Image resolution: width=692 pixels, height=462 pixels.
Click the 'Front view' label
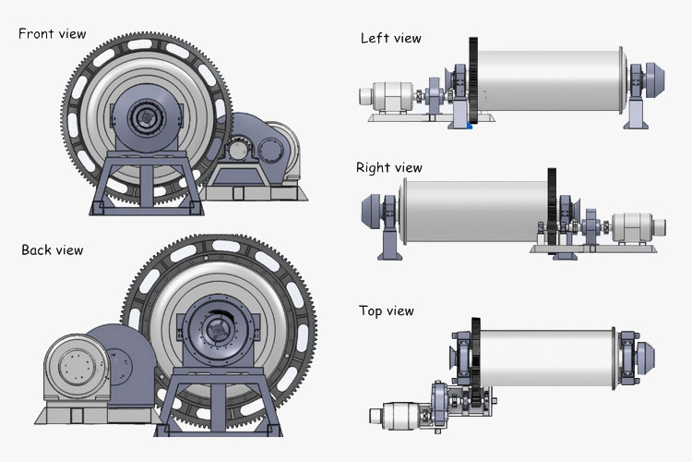coord(52,34)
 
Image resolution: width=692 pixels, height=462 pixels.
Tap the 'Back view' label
coord(52,250)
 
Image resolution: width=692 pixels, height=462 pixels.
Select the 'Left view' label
coord(390,38)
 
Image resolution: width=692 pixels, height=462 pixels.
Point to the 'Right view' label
coord(388,168)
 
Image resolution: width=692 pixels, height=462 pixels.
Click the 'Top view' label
coord(387,311)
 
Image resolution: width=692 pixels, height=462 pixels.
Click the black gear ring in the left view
coord(473,83)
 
